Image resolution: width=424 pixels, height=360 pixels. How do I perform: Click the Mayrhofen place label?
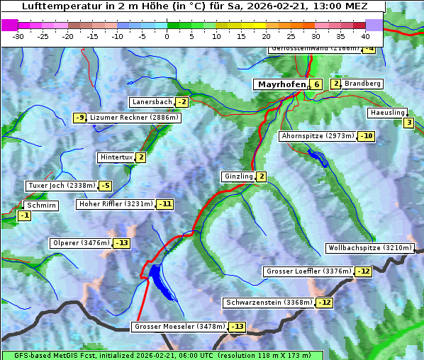click(281, 84)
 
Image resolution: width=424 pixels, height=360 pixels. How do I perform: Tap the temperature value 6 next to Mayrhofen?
click(316, 84)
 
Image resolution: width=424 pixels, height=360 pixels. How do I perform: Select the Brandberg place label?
click(362, 84)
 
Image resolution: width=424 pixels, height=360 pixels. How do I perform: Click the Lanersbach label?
click(152, 102)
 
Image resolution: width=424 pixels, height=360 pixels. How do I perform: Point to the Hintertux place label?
click(116, 157)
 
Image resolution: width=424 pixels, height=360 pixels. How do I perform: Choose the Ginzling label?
click(238, 176)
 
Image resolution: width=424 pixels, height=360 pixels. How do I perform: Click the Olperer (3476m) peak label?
click(81, 243)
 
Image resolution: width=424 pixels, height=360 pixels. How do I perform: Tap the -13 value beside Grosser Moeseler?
click(236, 327)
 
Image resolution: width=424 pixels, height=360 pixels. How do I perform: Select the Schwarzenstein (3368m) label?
click(268, 303)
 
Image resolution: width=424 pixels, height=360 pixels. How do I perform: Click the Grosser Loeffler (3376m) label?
click(308, 271)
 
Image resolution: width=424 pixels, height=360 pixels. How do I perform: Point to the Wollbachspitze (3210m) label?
click(369, 248)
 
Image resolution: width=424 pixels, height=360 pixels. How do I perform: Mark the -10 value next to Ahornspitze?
click(366, 135)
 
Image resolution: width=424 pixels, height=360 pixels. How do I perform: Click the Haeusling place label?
click(387, 113)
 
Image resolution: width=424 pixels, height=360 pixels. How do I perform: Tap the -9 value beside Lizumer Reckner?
click(79, 118)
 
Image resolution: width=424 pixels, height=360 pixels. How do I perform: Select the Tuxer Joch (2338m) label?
click(61, 186)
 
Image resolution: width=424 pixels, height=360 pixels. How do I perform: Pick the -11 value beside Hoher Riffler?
click(164, 203)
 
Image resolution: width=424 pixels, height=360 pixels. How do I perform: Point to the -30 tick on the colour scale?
click(19, 35)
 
